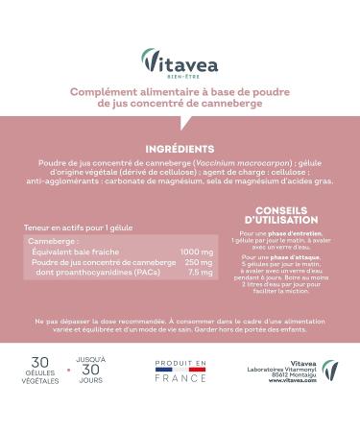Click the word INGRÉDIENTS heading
pyautogui.click(x=180, y=150)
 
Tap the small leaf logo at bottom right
pyautogui.click(x=329, y=371)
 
